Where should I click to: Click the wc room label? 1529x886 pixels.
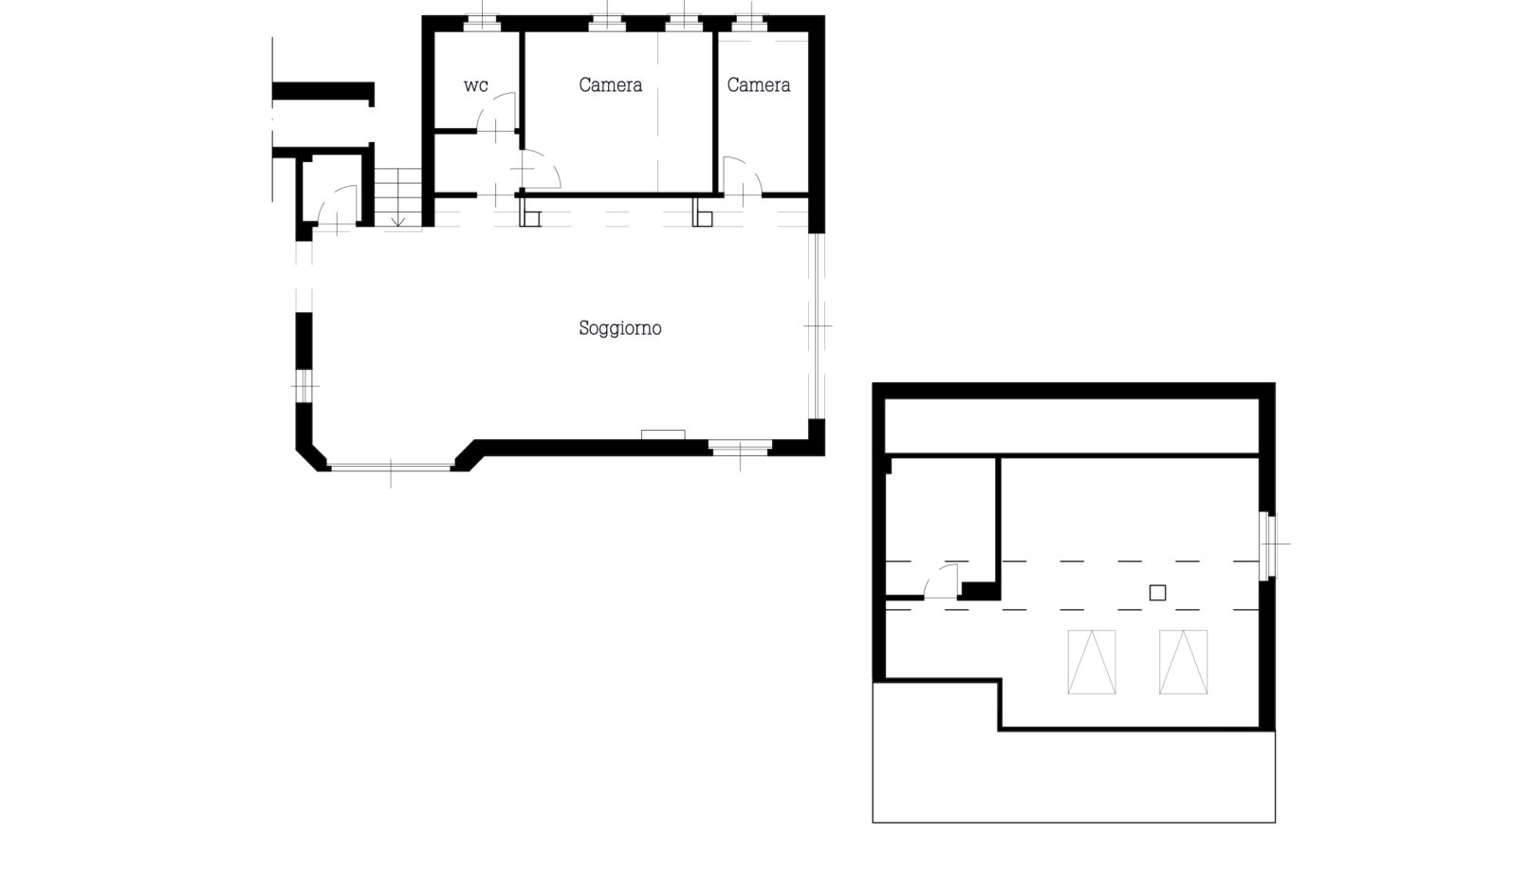[476, 85]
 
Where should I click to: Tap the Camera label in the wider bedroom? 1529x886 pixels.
[610, 84]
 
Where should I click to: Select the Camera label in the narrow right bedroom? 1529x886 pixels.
[759, 84]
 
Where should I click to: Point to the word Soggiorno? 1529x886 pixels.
[619, 328]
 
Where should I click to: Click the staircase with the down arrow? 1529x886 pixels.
[398, 197]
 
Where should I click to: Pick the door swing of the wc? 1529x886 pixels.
[496, 112]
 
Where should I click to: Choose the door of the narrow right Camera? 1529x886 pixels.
[743, 176]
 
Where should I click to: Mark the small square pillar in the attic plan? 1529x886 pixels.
[1157, 593]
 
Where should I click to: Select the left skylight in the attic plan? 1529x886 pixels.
[1092, 662]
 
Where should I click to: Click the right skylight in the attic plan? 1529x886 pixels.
[1183, 662]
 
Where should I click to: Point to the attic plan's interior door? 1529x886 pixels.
[941, 581]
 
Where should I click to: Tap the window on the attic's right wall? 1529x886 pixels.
[1267, 545]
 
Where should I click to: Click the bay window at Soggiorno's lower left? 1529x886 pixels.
[391, 468]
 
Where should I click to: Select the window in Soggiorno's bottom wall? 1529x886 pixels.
[740, 448]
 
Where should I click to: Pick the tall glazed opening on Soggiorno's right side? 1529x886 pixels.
[817, 326]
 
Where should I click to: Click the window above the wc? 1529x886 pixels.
[482, 24]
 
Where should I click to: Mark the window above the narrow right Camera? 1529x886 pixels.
[750, 24]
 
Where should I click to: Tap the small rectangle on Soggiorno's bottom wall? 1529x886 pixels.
[663, 434]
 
